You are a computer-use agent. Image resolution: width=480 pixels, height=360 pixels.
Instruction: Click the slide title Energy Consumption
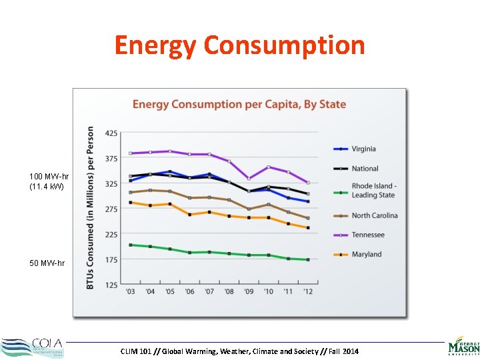pos(239,45)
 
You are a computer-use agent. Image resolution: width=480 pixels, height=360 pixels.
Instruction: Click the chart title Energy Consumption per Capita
pos(239,104)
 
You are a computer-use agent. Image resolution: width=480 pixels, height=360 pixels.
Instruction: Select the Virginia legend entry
pos(363,149)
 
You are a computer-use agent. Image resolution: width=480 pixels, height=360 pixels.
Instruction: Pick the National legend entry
pos(365,169)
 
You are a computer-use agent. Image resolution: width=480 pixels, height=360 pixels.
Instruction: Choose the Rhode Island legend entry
pos(373,191)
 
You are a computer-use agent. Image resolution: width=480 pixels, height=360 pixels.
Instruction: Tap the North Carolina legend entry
pos(374,215)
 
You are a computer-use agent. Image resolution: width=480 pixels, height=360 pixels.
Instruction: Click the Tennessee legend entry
pos(368,235)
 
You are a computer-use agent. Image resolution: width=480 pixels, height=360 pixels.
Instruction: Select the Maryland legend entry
pos(367,254)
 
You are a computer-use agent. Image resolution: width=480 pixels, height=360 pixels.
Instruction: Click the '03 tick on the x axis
pos(130,292)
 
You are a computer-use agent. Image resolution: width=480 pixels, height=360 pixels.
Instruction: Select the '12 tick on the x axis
pos(308,292)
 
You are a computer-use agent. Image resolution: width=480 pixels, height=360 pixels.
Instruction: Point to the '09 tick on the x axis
pos(249,292)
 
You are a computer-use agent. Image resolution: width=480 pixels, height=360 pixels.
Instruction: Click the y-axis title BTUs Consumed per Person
pos(91,208)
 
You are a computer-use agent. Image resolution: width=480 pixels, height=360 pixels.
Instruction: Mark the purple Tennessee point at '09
pos(249,179)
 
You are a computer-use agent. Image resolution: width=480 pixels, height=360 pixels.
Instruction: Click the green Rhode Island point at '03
pos(130,245)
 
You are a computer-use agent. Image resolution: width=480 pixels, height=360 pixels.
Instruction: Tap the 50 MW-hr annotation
pos(47,263)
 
